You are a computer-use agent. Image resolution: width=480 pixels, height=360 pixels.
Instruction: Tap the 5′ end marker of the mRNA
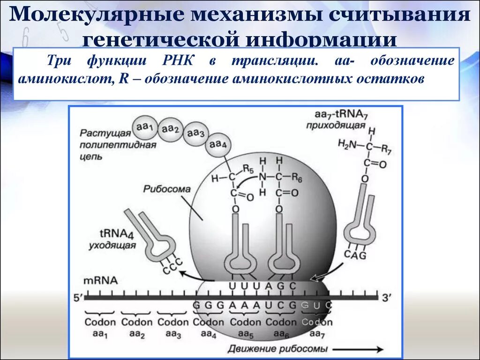77,297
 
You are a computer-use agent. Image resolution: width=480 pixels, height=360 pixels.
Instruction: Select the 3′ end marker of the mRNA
386,297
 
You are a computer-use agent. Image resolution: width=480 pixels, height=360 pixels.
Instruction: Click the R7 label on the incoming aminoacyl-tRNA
386,150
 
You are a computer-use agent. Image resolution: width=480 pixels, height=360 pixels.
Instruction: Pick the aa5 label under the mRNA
245,334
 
